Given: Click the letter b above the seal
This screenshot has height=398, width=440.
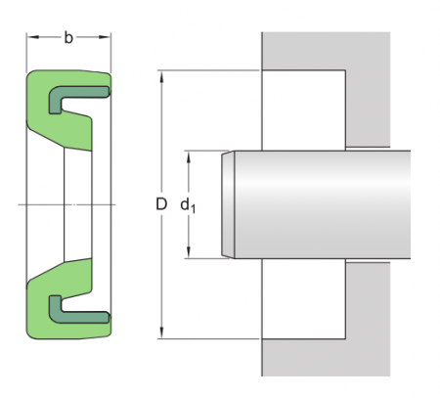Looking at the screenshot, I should click(x=67, y=39).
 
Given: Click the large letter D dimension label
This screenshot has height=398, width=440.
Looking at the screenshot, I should click(x=161, y=204).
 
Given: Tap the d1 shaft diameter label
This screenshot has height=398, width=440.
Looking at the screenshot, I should click(x=187, y=205).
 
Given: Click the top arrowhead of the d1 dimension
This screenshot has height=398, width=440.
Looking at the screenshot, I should click(x=187, y=155).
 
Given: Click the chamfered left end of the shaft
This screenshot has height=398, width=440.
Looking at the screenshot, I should click(x=229, y=204).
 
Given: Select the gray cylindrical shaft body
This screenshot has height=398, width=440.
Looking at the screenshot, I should click(x=323, y=204).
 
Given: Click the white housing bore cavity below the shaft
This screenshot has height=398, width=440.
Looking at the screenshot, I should click(x=303, y=298).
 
